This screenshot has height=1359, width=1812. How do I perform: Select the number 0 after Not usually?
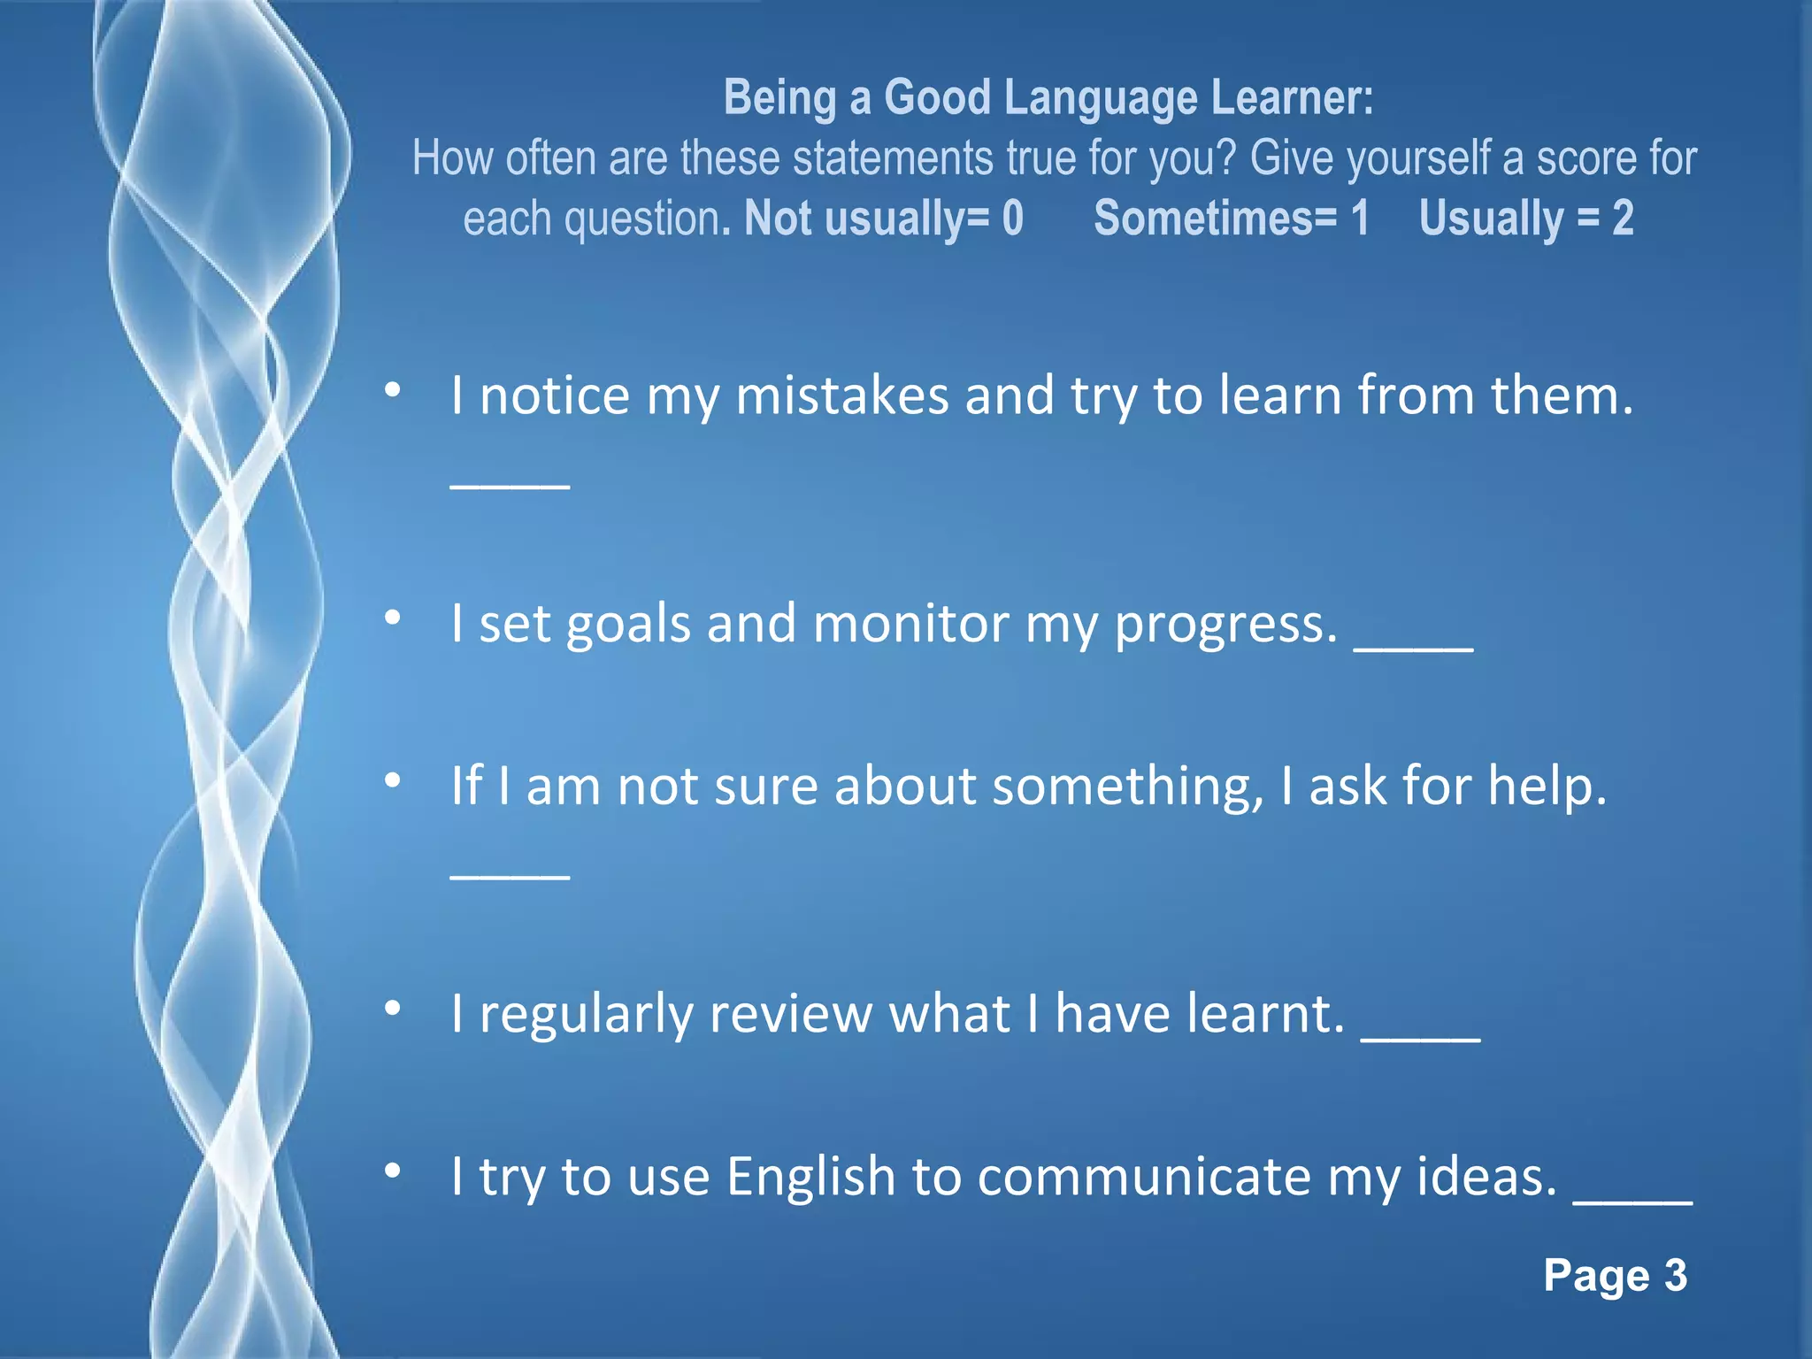point(1013,218)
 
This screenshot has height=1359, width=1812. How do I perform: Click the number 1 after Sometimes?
point(1360,218)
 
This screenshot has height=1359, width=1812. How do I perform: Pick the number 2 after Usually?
point(1623,218)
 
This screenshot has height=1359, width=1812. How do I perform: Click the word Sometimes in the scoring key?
point(1215,218)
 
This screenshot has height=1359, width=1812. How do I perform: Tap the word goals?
point(628,625)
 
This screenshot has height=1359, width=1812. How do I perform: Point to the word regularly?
point(586,1015)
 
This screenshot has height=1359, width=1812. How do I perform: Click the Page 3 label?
point(1615,1276)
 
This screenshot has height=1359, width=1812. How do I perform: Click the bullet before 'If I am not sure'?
point(394,780)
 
